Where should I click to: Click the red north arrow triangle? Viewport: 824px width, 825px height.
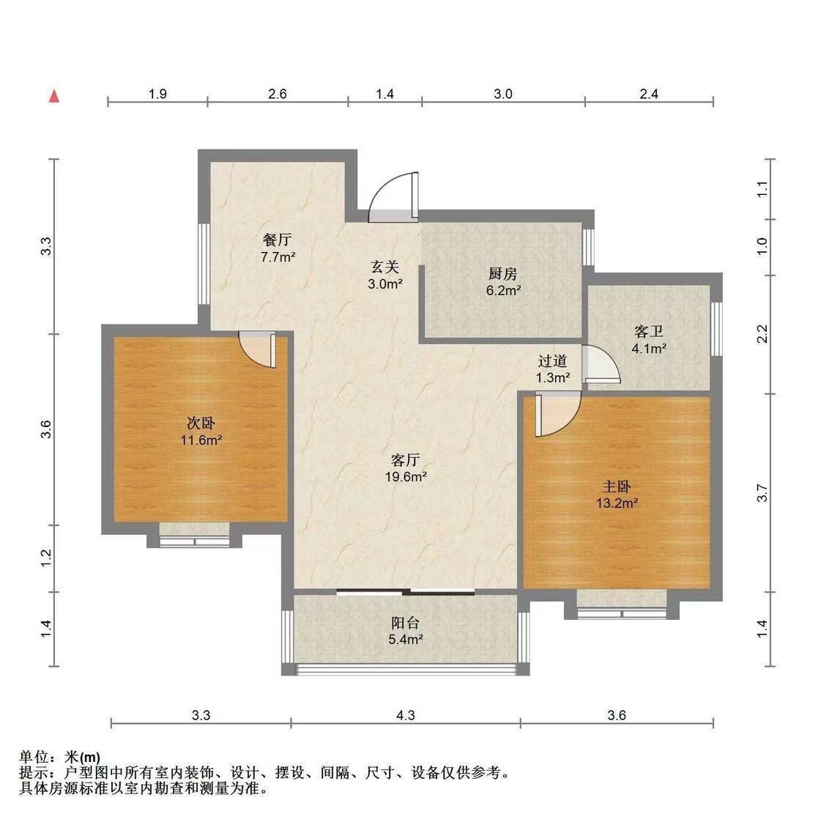pyautogui.click(x=54, y=96)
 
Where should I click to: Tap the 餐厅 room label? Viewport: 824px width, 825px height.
pyautogui.click(x=277, y=240)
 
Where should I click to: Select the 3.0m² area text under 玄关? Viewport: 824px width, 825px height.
pyautogui.click(x=385, y=284)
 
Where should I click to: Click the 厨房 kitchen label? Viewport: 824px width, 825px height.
pyautogui.click(x=502, y=273)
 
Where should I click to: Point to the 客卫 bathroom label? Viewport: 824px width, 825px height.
pyautogui.click(x=649, y=331)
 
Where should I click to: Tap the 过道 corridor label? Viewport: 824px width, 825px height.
pyautogui.click(x=553, y=361)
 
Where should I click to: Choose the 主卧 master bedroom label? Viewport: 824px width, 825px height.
pyautogui.click(x=616, y=487)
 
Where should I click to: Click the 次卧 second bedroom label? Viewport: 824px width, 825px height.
pyautogui.click(x=201, y=423)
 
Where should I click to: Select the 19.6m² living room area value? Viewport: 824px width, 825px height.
pyautogui.click(x=406, y=477)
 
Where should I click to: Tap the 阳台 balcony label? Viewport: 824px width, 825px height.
pyautogui.click(x=406, y=623)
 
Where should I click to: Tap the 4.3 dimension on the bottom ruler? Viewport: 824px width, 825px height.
pyautogui.click(x=406, y=715)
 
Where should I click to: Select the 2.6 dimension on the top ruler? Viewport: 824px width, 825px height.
pyautogui.click(x=278, y=94)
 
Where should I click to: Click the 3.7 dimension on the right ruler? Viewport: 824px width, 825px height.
pyautogui.click(x=762, y=493)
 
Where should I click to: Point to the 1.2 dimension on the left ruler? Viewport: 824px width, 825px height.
pyautogui.click(x=46, y=558)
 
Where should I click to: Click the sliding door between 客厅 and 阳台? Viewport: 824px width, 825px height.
pyautogui.click(x=406, y=592)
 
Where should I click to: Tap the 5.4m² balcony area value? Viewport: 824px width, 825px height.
pyautogui.click(x=406, y=640)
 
